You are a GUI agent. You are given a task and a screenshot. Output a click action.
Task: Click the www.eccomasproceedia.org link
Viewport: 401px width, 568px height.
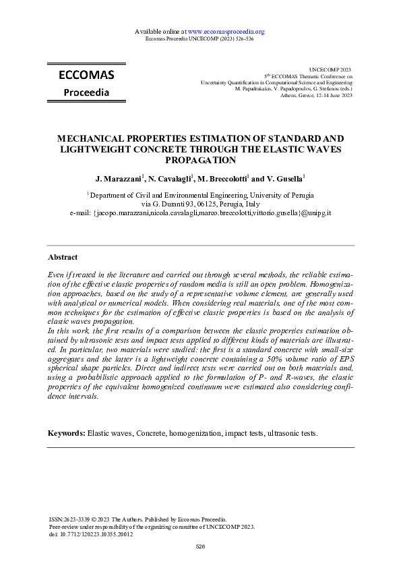point(226,32)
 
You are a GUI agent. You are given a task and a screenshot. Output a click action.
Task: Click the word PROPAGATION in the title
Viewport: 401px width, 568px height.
point(200,161)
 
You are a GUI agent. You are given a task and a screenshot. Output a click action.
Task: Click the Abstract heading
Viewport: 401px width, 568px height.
point(63,257)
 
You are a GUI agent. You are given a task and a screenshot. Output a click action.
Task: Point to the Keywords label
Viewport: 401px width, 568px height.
point(67,432)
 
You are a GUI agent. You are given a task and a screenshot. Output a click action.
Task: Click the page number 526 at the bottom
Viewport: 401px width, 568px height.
point(200,546)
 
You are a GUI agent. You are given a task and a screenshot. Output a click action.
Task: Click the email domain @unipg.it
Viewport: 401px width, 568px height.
point(311,212)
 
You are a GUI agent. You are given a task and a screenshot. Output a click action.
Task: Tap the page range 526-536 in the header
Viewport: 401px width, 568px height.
point(242,39)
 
